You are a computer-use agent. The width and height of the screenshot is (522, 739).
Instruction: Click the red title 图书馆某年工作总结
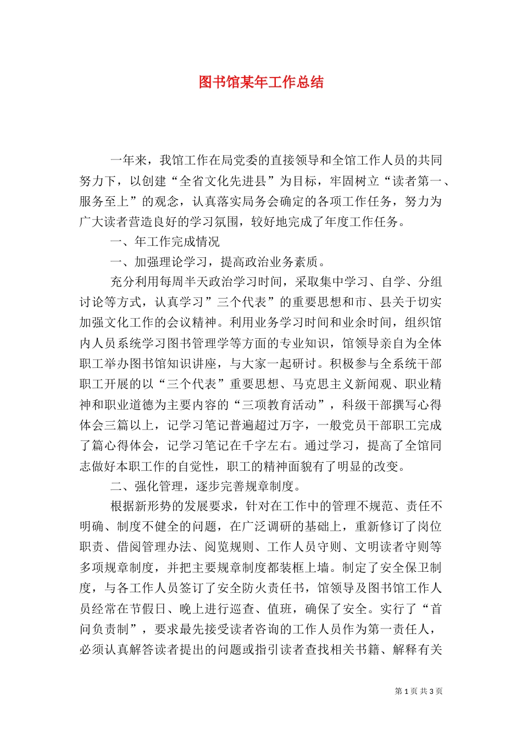[261, 82]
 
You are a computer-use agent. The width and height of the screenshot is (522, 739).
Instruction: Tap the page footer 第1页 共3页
[419, 691]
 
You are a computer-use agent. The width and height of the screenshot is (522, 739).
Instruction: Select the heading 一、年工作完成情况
[165, 241]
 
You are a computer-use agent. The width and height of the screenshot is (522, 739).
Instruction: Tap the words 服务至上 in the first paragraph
[104, 201]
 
